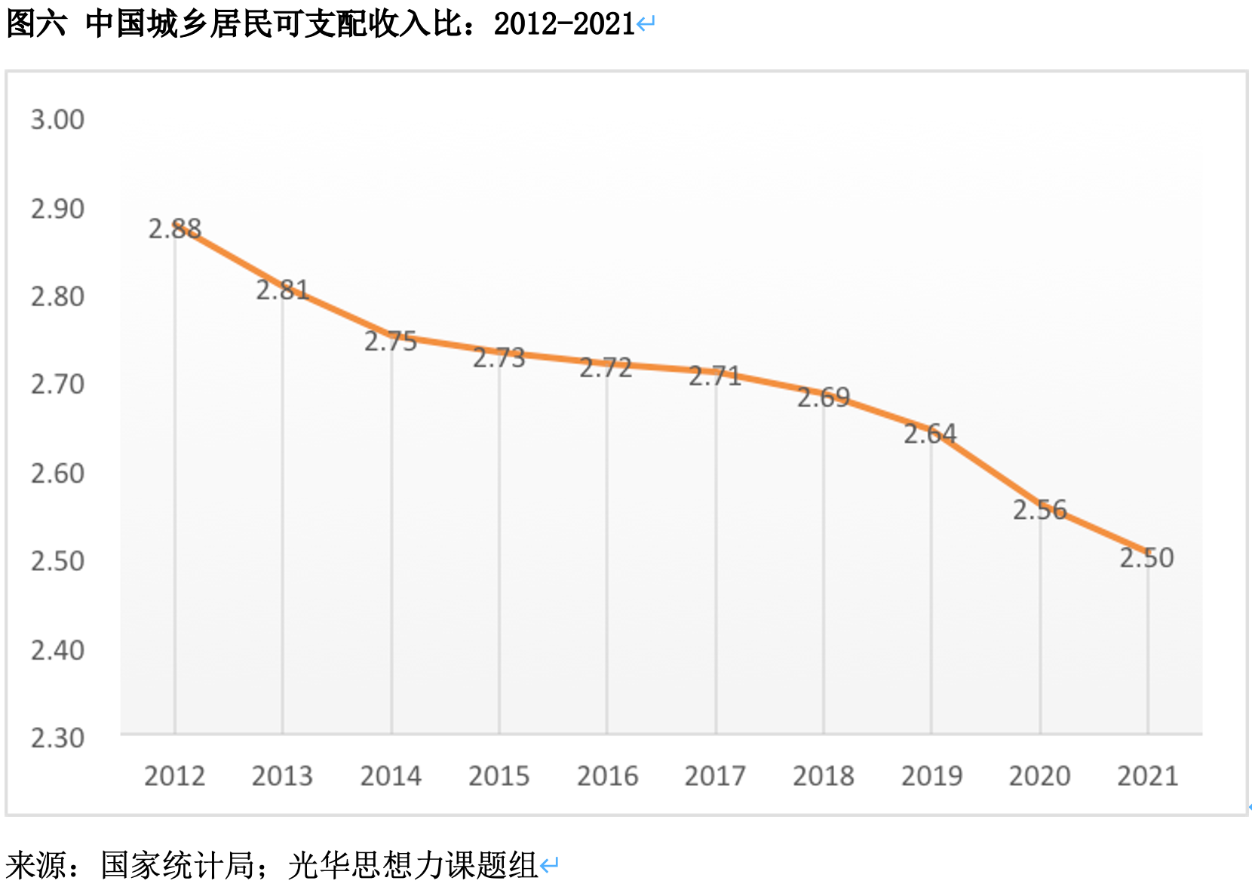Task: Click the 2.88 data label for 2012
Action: click(175, 229)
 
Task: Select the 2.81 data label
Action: click(283, 290)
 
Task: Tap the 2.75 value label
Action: click(391, 342)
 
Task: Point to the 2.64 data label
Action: click(930, 434)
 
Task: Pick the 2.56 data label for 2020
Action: click(1039, 511)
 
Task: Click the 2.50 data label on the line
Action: click(1146, 558)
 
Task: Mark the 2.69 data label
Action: click(824, 397)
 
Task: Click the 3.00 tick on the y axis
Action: click(57, 120)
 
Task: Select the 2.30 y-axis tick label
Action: click(57, 738)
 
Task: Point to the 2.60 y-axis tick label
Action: click(57, 474)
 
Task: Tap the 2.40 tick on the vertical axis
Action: click(57, 650)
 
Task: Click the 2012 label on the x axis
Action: click(174, 776)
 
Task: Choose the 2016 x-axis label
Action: click(607, 776)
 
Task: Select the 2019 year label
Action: click(931, 776)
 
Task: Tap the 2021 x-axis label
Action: click(1147, 776)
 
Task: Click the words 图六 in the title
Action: click(35, 24)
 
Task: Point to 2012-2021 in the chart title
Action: click(564, 24)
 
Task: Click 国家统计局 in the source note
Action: click(177, 865)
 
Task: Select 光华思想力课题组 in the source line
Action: click(413, 865)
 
